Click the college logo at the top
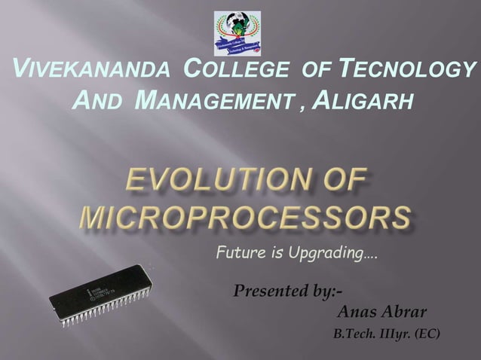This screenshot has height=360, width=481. (237, 33)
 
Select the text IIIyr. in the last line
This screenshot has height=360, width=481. (392, 334)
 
